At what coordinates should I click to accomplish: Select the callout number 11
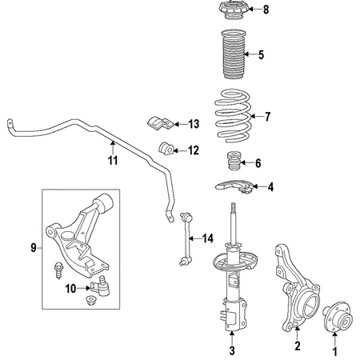113,160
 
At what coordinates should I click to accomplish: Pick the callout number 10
70,288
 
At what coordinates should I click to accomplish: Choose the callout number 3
233,350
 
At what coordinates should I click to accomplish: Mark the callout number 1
335,350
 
